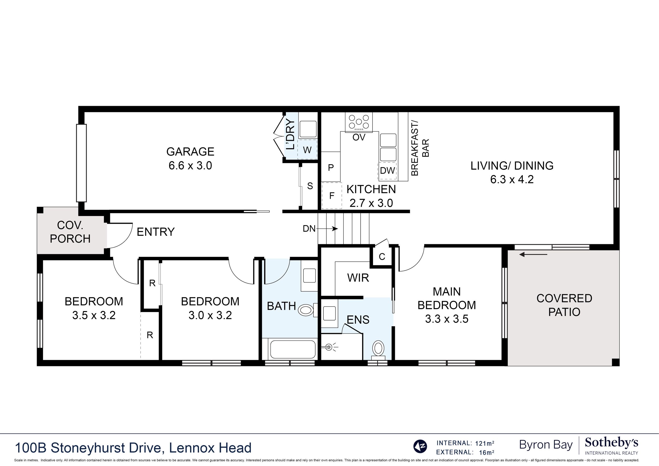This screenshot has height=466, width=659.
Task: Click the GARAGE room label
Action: tap(190, 152)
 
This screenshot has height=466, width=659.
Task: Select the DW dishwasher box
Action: tap(387, 171)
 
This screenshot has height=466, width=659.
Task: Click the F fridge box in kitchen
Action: tap(332, 196)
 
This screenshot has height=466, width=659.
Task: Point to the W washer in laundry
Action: tap(307, 149)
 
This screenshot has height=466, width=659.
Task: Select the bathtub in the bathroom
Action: tap(293, 349)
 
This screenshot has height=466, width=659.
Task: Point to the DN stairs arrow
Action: tap(327, 229)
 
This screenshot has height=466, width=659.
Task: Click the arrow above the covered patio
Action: tap(533, 254)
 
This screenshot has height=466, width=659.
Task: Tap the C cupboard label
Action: tap(382, 257)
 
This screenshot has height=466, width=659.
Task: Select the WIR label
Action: tap(358, 278)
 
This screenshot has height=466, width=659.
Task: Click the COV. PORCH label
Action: tap(70, 232)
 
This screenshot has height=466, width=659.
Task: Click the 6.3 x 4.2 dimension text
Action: tap(512, 179)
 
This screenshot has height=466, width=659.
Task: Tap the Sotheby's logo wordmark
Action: tap(611, 443)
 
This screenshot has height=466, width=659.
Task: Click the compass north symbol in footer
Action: tap(420, 446)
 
